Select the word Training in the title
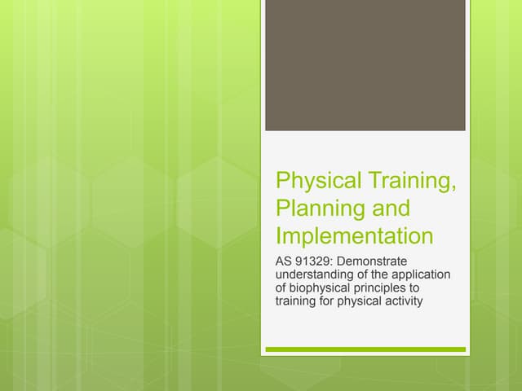pos(409,180)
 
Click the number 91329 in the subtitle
pos(313,261)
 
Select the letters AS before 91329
pos(285,261)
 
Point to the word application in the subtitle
pos(423,275)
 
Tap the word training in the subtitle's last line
pos(297,303)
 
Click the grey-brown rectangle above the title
pos(365,65)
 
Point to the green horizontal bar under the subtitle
pos(365,349)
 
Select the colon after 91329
pos(334,262)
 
